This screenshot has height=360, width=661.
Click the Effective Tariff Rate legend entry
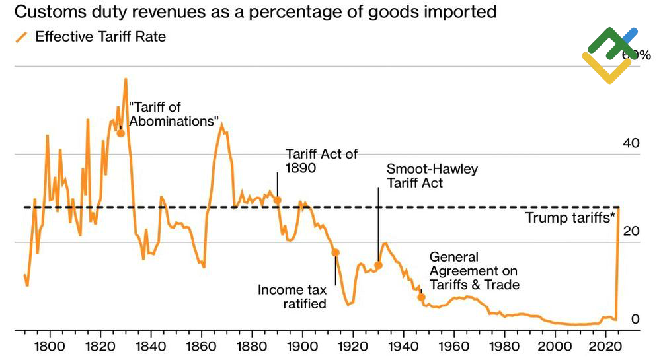click(x=100, y=37)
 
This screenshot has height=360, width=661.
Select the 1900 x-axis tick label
click(x=302, y=347)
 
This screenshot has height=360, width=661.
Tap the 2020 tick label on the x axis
click(x=607, y=347)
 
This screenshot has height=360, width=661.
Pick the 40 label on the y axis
click(x=632, y=143)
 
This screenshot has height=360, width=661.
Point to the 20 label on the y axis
click(x=632, y=231)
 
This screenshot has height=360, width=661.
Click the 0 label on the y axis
click(x=635, y=320)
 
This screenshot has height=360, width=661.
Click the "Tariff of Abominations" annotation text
click(x=174, y=114)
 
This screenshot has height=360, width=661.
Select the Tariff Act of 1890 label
click(x=321, y=161)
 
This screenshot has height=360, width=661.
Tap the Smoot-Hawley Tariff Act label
click(x=432, y=176)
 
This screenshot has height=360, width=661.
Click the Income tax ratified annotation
click(x=292, y=297)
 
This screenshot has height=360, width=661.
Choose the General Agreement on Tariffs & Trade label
click(x=474, y=271)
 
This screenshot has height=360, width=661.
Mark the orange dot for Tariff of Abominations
click(x=120, y=133)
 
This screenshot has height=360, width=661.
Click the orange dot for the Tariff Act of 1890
click(x=278, y=199)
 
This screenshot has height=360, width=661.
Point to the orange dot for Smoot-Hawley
click(x=378, y=265)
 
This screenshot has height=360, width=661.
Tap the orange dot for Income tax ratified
click(x=335, y=252)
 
